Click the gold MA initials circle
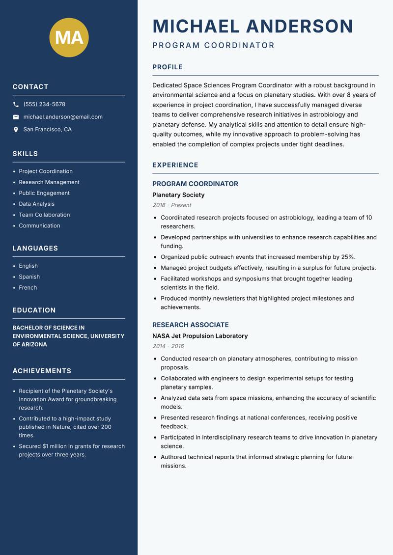click(x=69, y=37)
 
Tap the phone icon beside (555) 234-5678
click(x=16, y=105)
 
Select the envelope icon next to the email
click(x=16, y=117)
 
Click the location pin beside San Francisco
click(x=16, y=130)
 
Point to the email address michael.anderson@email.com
click(x=63, y=117)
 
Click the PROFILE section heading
click(x=168, y=67)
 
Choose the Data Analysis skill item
click(x=37, y=204)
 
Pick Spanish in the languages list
click(x=29, y=277)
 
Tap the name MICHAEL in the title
click(x=196, y=26)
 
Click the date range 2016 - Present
click(x=172, y=205)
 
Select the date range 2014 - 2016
click(x=168, y=346)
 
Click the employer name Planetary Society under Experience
click(x=178, y=195)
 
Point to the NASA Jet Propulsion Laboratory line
click(x=200, y=336)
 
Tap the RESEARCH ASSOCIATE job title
click(x=191, y=325)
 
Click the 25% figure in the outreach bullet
click(x=347, y=257)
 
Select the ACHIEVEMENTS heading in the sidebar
click(x=42, y=371)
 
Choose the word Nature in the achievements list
click(x=63, y=427)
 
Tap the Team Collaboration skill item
click(x=44, y=215)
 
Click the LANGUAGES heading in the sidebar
click(x=35, y=249)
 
